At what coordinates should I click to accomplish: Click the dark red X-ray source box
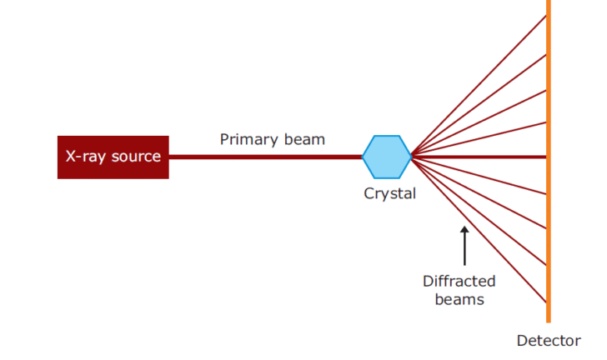(113, 157)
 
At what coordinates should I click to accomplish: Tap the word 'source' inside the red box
(137, 157)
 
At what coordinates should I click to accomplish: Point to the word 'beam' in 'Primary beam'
(303, 139)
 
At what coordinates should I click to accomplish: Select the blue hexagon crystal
(387, 157)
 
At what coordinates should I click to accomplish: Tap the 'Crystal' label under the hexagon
(389, 193)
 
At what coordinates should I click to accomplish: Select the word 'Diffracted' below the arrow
(459, 281)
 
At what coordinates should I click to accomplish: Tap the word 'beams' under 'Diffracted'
(459, 298)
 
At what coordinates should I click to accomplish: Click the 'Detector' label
(549, 341)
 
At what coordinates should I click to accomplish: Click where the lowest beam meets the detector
(546, 302)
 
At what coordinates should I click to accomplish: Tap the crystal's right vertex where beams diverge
(411, 157)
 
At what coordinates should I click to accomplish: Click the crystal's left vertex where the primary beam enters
(363, 157)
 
